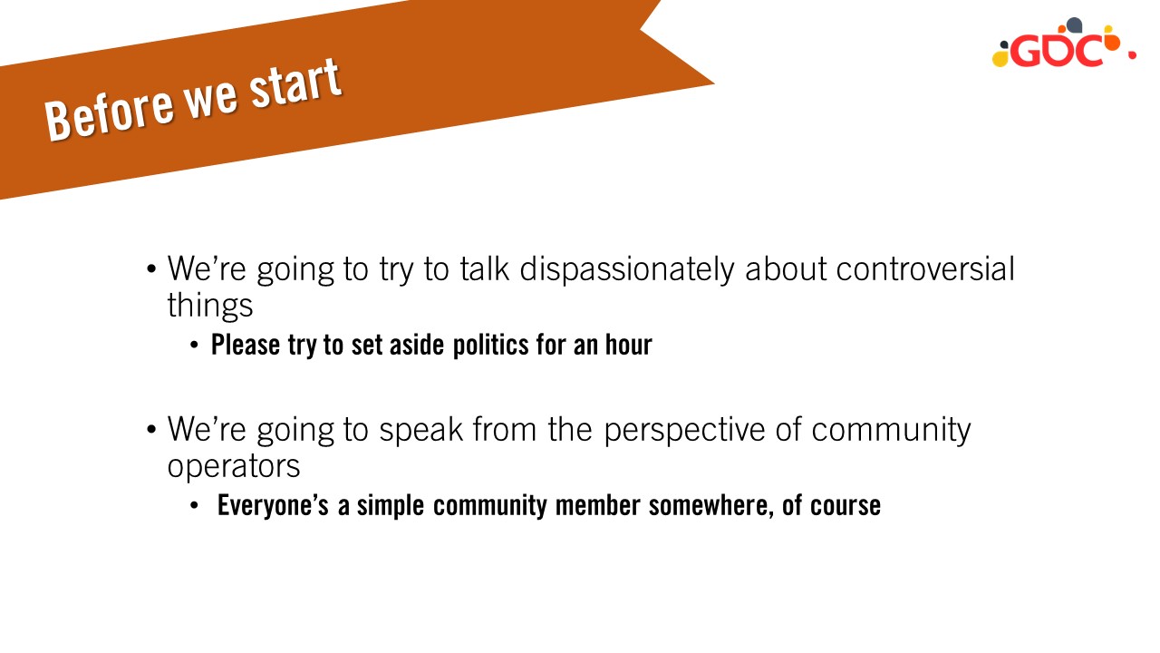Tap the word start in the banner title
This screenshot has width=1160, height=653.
point(295,83)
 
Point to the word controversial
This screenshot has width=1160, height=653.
point(925,269)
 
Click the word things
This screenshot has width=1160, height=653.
point(209,307)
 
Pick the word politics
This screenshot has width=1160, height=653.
point(490,346)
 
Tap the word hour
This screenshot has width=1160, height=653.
point(629,345)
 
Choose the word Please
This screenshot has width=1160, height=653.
point(246,345)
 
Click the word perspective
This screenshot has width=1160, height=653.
point(684,431)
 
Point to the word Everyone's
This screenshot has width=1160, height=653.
point(273,505)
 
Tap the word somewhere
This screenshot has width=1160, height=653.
point(711,505)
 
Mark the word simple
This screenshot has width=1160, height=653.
point(391,506)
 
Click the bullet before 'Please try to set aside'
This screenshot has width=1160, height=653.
point(194,346)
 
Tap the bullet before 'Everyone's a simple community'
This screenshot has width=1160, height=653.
point(194,506)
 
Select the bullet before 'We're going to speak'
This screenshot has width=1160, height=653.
point(151,429)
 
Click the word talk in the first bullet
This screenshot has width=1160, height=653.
point(484,269)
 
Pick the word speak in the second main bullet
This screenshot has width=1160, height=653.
point(420,431)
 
